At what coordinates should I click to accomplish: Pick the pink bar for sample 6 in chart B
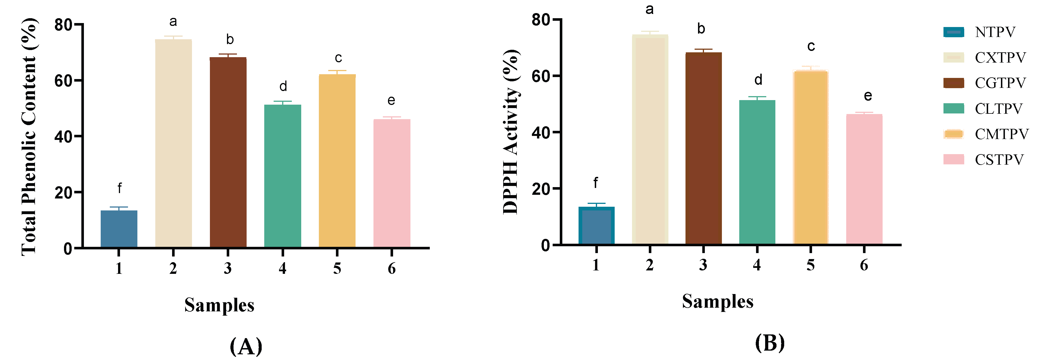pyautogui.click(x=864, y=179)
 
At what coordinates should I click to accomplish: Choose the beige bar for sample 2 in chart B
pyautogui.click(x=650, y=139)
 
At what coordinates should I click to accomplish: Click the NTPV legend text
pyautogui.click(x=995, y=32)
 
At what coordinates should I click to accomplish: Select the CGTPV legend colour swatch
pyautogui.click(x=954, y=83)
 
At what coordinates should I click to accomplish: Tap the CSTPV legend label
pyautogui.click(x=999, y=160)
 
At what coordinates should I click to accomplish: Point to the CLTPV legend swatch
pyautogui.click(x=954, y=108)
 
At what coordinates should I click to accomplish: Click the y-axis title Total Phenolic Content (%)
pyautogui.click(x=29, y=137)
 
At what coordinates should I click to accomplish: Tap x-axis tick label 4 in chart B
pyautogui.click(x=757, y=265)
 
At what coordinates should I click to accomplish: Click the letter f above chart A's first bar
pyautogui.click(x=119, y=188)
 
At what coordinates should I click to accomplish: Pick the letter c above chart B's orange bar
pyautogui.click(x=811, y=46)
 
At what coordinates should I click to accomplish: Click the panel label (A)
pyautogui.click(x=246, y=347)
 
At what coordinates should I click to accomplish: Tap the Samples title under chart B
pyautogui.click(x=718, y=302)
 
